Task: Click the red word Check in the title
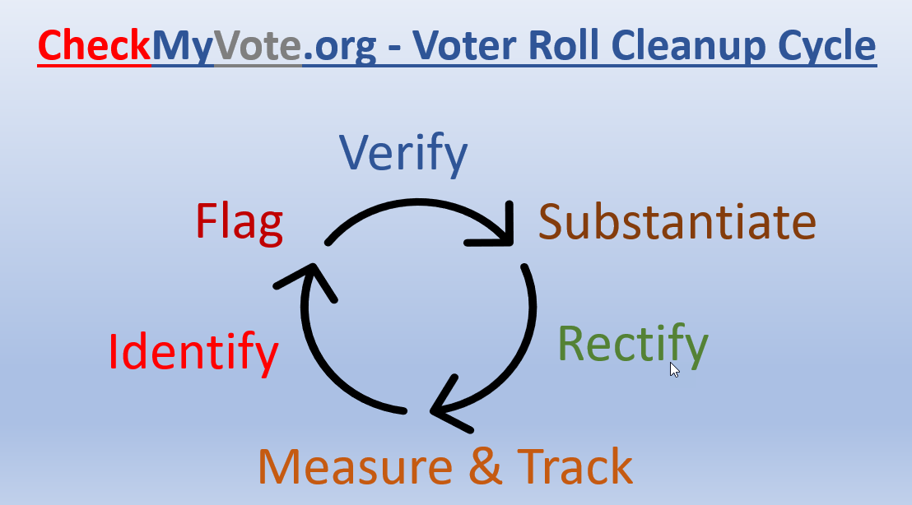coord(95,46)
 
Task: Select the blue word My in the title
coord(182,47)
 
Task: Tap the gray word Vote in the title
coord(258,46)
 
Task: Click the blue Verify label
coord(403,154)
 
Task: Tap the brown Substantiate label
coord(677,222)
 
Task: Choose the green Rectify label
coord(632,343)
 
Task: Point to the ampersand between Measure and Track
coord(486,466)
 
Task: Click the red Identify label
coord(193,352)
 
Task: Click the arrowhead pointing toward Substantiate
coord(498,230)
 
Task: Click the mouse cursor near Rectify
coord(675,369)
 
